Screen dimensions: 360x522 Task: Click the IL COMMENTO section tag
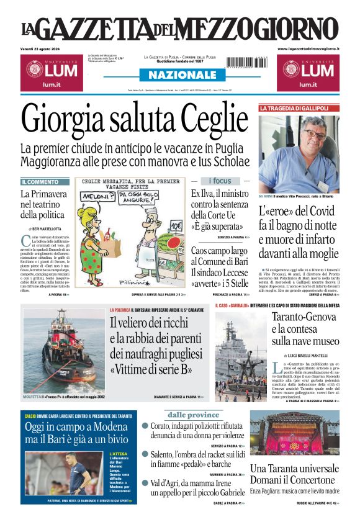41,182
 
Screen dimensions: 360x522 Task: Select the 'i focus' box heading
220,181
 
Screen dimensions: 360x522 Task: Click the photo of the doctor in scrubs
299,151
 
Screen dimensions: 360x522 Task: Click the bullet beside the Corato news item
145,426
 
